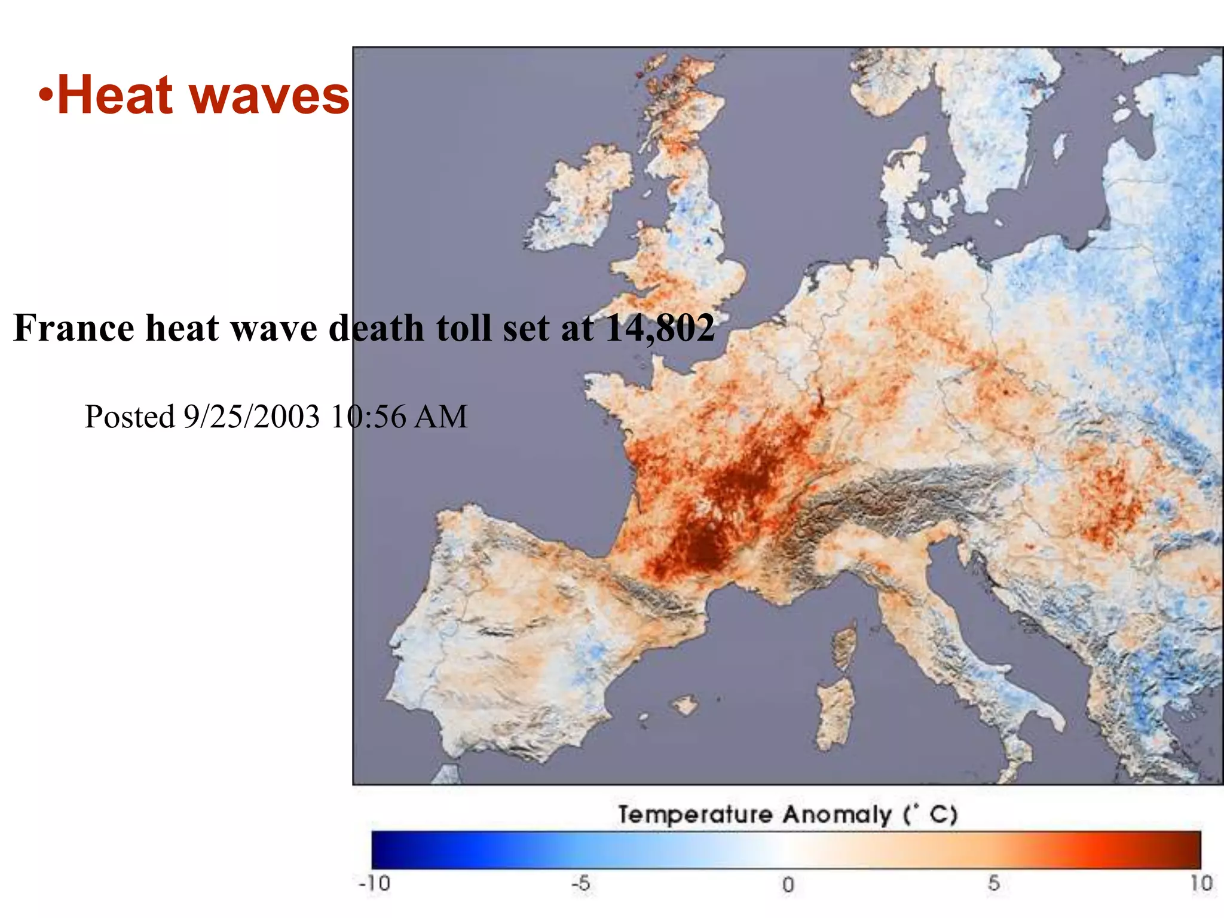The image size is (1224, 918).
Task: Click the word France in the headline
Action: [x=74, y=328]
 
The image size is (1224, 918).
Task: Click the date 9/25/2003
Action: [x=251, y=417]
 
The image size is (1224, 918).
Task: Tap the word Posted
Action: [x=129, y=417]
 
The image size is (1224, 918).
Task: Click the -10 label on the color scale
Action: [x=374, y=883]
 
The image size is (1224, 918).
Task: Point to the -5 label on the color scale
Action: [x=580, y=883]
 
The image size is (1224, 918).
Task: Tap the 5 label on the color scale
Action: [x=993, y=883]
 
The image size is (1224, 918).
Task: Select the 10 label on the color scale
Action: [x=1200, y=883]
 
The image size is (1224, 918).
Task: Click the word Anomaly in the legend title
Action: [x=837, y=815]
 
